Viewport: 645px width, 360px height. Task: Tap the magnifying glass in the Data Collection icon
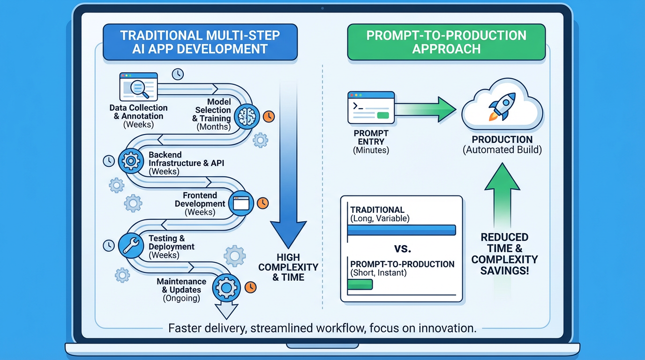[x=138, y=86]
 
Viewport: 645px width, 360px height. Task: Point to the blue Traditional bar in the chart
[x=401, y=230]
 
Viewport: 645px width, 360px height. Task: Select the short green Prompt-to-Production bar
[x=360, y=285]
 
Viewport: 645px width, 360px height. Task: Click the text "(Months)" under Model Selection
[x=214, y=127]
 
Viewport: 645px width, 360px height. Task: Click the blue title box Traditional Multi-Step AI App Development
[x=200, y=42]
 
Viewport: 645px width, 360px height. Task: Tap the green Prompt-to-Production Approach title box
[x=446, y=42]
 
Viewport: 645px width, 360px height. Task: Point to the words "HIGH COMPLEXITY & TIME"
[x=288, y=267]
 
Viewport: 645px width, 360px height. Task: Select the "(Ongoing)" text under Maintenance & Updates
[x=181, y=298]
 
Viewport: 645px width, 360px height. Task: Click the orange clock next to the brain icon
[x=269, y=117]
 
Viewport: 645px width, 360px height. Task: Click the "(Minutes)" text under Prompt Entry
[x=371, y=150]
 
